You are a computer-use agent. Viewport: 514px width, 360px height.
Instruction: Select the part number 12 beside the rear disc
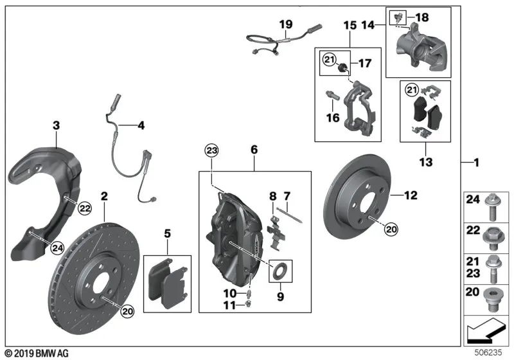point(411,194)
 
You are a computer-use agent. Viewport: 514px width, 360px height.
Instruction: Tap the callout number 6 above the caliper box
point(254,149)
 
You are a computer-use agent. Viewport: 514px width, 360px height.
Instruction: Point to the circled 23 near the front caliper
point(211,151)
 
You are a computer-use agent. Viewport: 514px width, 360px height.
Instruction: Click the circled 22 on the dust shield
point(84,207)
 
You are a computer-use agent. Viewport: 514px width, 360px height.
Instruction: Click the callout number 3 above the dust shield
point(56,125)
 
